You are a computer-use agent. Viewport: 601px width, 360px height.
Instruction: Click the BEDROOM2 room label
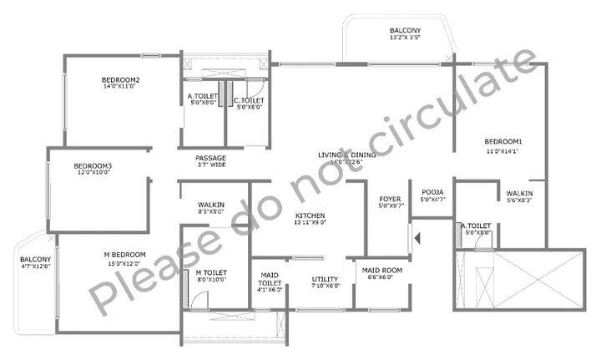point(121,80)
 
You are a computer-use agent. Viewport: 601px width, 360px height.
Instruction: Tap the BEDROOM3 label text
point(93,165)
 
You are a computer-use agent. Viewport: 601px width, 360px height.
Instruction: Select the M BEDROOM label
point(124,255)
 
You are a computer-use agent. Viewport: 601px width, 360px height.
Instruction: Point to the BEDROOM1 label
point(503,141)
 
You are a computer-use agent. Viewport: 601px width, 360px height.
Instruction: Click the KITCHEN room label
point(310,215)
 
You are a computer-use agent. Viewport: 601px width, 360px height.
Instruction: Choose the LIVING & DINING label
point(346,155)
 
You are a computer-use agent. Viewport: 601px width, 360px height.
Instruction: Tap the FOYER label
point(391,199)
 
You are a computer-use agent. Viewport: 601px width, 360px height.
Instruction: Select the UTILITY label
point(325,280)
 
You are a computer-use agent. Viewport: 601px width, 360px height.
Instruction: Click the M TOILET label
point(211,272)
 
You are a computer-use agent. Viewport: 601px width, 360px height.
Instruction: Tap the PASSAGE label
point(211,158)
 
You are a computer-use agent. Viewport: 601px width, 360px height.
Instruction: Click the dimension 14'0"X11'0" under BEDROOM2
point(121,87)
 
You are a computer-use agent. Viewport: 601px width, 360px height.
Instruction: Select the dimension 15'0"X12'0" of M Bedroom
point(124,263)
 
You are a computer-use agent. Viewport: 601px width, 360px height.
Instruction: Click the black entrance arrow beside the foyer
point(417,240)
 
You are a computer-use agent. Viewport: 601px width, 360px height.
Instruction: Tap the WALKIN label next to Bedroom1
point(519,193)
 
